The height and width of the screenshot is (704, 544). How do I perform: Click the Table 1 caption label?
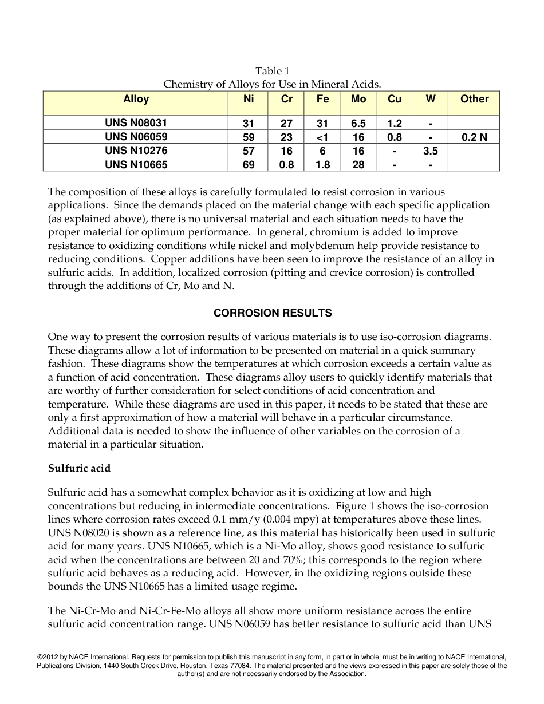pos(272,71)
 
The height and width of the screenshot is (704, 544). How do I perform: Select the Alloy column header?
pos(136,100)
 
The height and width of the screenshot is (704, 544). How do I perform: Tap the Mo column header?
pos(358,100)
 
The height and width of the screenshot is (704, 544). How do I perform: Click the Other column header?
pos(474,100)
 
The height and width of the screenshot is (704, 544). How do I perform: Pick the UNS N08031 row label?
pos(136,123)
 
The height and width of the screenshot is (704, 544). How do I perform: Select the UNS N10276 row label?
pos(136,151)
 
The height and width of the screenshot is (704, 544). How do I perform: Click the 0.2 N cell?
pos(474,137)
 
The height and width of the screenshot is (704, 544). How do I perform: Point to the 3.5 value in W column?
pos(430,151)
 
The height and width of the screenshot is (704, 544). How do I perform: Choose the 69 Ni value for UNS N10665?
pos(249,165)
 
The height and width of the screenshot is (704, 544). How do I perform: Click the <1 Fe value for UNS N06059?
pos(322,137)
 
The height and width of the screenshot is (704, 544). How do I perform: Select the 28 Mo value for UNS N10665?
pos(358,165)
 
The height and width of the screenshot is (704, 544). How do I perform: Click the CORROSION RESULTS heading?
pos(272,313)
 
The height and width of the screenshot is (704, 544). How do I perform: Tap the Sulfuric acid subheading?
pos(79,468)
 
